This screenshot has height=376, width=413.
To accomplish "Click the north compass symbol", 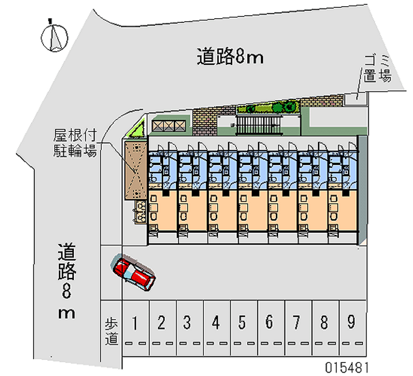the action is tap(55, 37).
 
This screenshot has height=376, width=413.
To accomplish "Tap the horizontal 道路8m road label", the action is tap(230, 56).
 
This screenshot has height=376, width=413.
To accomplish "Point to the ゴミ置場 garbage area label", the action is tap(377, 69).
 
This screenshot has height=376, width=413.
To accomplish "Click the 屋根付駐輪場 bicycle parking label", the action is tap(75, 143).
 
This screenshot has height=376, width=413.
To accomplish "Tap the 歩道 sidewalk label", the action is tap(112, 332).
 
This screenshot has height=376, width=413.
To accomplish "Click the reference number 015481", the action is tap(346, 367).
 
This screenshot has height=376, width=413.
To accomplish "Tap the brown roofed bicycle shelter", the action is tap(135, 171).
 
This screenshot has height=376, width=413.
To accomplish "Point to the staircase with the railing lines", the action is tap(259, 125).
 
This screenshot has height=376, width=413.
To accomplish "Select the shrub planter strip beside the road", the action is tap(268, 107).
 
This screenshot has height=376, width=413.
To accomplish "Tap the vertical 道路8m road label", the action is tap(67, 281).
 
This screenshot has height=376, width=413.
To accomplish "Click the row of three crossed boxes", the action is tap(169, 126).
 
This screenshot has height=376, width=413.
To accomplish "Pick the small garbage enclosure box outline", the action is tap(356, 99).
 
